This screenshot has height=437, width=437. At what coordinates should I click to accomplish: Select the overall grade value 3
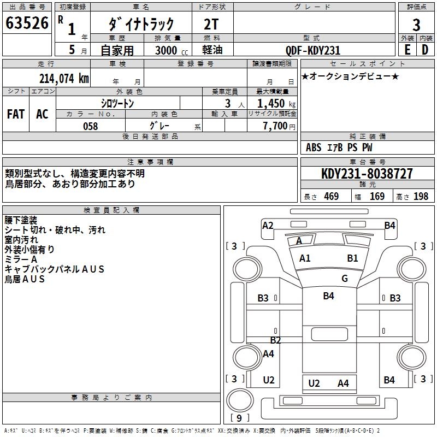416,25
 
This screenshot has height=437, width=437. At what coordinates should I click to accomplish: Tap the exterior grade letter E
407,50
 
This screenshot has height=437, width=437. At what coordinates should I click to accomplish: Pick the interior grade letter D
425,50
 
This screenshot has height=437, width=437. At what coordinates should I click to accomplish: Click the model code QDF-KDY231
313,50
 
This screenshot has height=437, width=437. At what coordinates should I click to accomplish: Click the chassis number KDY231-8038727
367,174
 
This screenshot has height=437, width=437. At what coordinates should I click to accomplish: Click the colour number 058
90,126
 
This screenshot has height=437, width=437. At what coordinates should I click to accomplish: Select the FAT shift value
16,114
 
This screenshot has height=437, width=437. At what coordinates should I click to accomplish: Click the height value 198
421,196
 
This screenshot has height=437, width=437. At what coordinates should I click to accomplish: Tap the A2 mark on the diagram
268,225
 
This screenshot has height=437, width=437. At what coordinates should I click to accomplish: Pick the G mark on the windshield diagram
345,278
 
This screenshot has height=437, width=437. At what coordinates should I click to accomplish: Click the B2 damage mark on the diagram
276,340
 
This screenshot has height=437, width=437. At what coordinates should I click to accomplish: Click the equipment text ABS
314,147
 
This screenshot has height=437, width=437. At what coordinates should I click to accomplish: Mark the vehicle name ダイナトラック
141,23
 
